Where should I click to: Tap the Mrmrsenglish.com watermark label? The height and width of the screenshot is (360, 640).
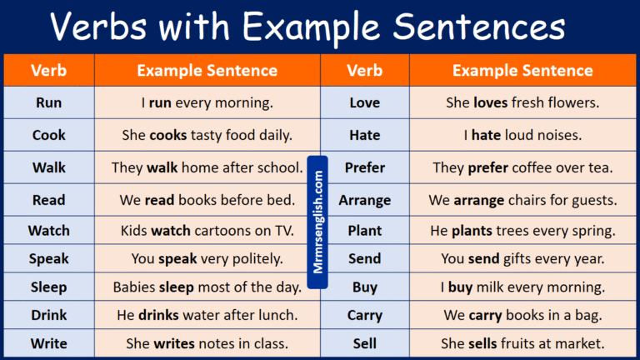pos(317,222)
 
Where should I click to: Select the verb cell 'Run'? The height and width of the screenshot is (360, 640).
pos(49,103)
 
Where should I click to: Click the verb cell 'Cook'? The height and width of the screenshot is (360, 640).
pos(49,135)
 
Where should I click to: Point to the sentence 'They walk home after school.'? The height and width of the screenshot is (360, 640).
pos(207,167)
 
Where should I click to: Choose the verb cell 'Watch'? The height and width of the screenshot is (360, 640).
pos(49,230)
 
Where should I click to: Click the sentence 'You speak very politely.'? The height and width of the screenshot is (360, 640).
pos(207,258)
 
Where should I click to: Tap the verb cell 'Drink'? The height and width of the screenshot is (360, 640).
pos(49,315)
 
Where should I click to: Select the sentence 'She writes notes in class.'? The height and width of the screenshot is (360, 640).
pos(207,343)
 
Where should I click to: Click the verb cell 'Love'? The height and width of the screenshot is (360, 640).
pos(364,103)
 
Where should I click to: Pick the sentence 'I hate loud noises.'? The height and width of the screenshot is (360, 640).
pos(522,135)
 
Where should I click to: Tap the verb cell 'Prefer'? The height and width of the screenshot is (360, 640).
pos(364,167)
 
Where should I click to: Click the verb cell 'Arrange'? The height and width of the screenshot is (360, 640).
pos(364,201)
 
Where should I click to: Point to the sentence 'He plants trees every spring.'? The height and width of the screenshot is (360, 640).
pos(522,230)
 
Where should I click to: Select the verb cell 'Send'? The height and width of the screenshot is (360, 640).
pos(364,258)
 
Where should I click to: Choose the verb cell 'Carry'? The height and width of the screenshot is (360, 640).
pos(364,315)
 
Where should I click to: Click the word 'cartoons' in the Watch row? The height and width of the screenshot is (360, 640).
pos(223,230)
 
